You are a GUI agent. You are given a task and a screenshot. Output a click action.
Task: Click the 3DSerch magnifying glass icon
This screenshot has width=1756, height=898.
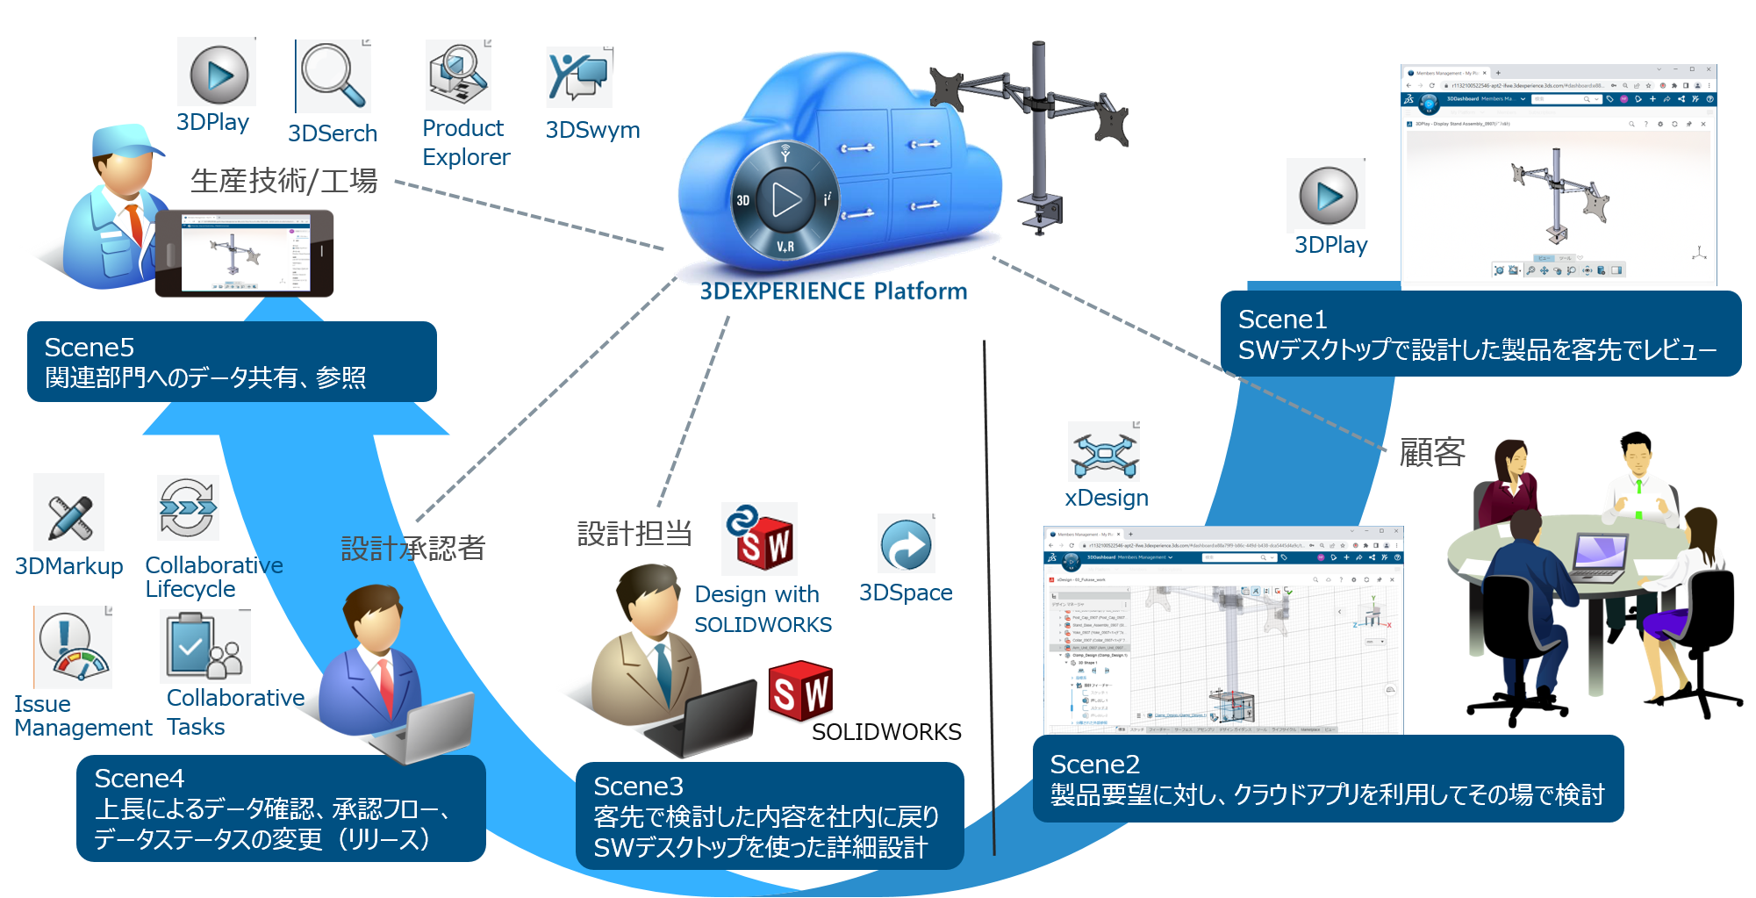(x=333, y=77)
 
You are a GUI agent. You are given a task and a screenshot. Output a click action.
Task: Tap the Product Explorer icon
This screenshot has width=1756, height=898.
(x=458, y=75)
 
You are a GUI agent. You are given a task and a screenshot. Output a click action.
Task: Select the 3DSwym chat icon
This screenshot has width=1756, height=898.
(x=579, y=77)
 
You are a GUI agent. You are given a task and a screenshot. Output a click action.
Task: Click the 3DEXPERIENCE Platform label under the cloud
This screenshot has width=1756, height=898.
(x=833, y=291)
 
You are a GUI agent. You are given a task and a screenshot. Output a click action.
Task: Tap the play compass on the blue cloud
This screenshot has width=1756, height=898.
(x=785, y=199)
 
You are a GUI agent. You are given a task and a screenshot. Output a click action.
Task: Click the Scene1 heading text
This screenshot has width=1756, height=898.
(x=1282, y=320)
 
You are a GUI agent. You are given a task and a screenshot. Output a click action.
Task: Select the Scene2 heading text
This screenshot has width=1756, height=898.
(x=1094, y=765)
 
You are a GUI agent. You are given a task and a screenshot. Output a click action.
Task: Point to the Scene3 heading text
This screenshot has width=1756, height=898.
(x=638, y=787)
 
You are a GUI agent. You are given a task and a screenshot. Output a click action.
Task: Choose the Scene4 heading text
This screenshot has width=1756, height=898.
(x=139, y=779)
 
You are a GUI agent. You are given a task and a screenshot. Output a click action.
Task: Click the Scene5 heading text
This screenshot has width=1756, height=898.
(x=89, y=348)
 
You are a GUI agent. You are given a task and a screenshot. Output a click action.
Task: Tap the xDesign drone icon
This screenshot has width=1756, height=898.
(x=1103, y=452)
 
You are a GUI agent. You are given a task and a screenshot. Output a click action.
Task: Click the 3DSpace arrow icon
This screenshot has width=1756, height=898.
(x=906, y=544)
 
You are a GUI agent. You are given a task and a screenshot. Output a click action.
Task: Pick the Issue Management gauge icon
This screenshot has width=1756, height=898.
(x=73, y=648)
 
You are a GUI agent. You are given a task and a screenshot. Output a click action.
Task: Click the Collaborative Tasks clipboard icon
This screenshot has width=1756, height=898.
(x=204, y=647)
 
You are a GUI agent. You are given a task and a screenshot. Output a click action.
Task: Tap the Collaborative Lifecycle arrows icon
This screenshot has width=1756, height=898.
(x=188, y=508)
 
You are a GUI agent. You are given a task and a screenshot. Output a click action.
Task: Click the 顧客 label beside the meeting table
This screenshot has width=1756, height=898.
(x=1431, y=453)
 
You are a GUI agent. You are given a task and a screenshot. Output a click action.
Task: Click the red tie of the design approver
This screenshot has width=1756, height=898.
(x=385, y=685)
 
